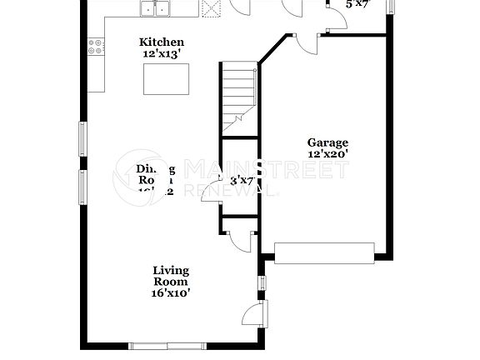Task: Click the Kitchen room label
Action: (x=162, y=42)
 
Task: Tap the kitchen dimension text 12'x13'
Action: (x=162, y=54)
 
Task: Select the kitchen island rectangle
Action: (x=167, y=80)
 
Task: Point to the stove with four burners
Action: (x=95, y=47)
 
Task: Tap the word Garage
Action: (x=327, y=142)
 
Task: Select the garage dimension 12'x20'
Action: (x=327, y=154)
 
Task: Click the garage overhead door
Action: (x=324, y=252)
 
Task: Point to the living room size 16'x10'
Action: (x=170, y=292)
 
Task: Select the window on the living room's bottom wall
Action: (x=167, y=345)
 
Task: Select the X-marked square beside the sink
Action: (x=209, y=8)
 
